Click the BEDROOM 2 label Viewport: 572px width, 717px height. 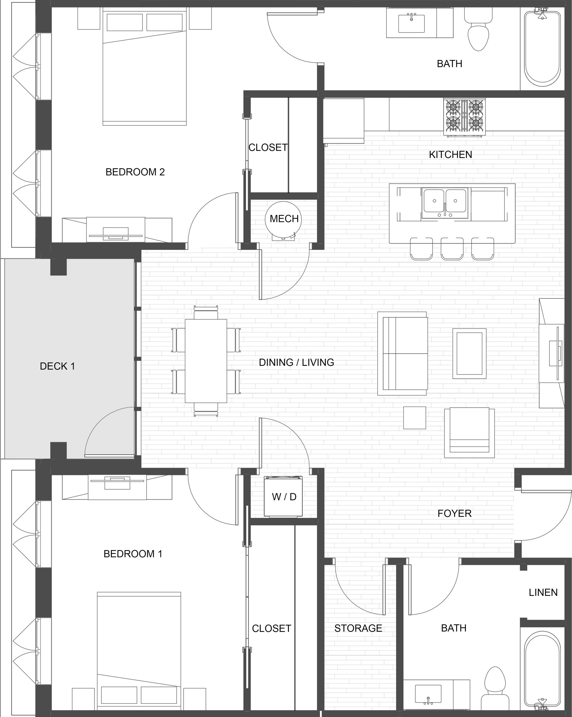click(x=135, y=172)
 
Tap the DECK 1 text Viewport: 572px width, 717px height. click(x=57, y=366)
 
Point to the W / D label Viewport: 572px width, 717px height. click(x=284, y=497)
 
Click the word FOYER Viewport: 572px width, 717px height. click(x=455, y=513)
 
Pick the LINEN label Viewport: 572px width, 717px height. click(x=543, y=592)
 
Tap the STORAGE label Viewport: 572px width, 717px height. click(x=358, y=628)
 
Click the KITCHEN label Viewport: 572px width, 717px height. click(x=450, y=154)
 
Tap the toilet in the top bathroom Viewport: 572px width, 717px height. click(x=478, y=29)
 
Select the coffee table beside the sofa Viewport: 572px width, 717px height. click(x=469, y=354)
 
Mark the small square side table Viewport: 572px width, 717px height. click(x=415, y=418)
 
